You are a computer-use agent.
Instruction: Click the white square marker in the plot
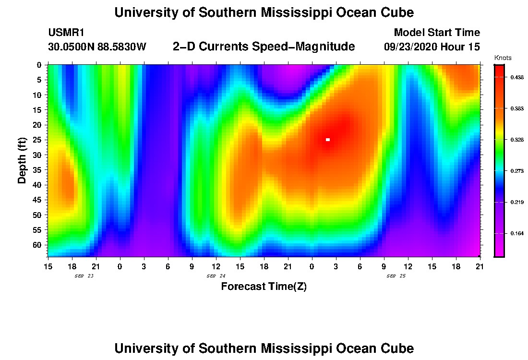click(x=328, y=140)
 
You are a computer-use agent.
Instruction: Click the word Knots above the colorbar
click(x=503, y=58)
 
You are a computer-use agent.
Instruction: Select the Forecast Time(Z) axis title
click(x=264, y=287)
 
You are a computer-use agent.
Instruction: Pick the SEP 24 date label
click(x=216, y=276)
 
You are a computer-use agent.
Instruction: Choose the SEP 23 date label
click(x=84, y=276)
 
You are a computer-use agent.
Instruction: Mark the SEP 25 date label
click(x=396, y=276)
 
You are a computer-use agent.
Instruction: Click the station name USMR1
click(x=66, y=33)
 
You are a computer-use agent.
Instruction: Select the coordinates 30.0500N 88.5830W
click(x=97, y=47)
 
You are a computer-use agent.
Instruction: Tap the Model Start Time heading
click(x=437, y=33)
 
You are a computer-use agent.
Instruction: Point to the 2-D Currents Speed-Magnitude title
click(x=264, y=47)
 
